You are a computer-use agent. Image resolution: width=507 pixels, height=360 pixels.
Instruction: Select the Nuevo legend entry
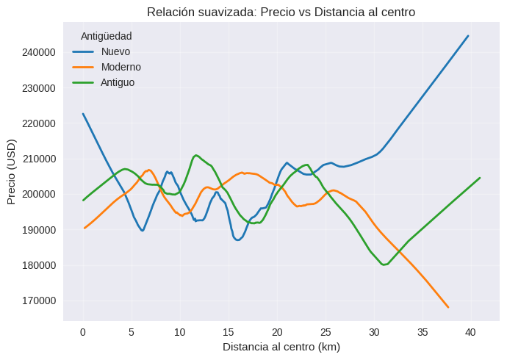point(115,51)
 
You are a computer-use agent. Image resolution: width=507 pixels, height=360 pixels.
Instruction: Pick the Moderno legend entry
point(121,67)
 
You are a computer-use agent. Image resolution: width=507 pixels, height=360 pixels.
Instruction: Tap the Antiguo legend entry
point(118,82)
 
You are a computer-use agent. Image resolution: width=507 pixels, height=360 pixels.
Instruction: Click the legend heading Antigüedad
point(106,36)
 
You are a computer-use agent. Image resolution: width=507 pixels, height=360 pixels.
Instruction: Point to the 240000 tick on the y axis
point(38,53)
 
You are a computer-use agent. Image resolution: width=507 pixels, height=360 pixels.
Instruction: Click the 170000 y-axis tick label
point(38,300)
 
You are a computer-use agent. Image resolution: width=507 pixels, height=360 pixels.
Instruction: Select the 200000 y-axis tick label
point(38,195)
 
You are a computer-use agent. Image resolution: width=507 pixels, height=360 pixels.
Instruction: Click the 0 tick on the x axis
point(83,332)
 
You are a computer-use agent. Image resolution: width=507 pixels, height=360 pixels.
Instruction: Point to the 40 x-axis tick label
point(471,332)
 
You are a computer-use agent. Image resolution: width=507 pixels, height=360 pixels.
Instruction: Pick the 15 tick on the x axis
point(229,332)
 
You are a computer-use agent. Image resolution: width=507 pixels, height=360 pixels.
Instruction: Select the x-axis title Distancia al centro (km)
point(281,346)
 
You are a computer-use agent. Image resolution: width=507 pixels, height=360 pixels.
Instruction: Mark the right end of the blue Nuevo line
point(468,36)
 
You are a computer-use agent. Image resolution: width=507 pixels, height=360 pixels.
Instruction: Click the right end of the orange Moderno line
point(447,307)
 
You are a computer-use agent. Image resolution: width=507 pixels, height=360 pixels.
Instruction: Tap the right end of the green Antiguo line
point(480,178)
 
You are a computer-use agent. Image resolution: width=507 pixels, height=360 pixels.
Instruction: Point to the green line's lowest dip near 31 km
point(384,264)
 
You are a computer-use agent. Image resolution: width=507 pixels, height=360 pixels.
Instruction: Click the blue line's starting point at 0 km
point(83,114)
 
